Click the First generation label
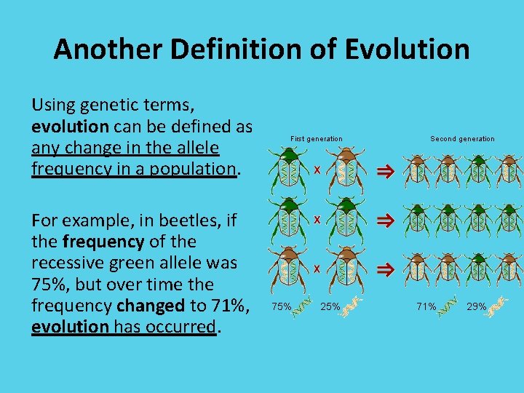coord(316,138)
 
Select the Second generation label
coord(461,138)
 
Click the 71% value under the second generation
coord(426,306)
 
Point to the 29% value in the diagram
coord(476,306)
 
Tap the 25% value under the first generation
coord(330,306)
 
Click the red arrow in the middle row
coord(384,219)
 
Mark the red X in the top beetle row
coord(317,170)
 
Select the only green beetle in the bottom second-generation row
coord(479,269)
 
